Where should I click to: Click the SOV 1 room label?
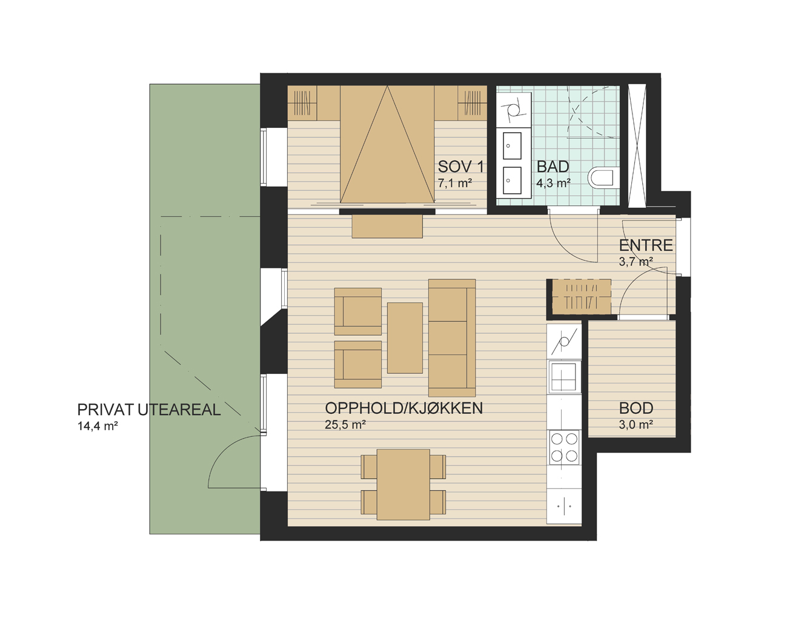(460, 167)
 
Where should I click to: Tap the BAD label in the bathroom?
(553, 167)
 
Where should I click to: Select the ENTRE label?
(645, 245)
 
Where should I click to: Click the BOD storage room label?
(636, 408)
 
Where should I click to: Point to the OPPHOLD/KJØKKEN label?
(403, 408)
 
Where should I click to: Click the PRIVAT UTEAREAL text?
(149, 410)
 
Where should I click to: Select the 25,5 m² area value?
(345, 425)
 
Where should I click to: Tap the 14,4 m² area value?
(98, 426)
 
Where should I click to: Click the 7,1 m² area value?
(454, 183)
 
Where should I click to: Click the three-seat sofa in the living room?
(452, 338)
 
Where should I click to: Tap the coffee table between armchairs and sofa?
(405, 338)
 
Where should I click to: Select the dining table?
(403, 485)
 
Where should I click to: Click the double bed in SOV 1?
(387, 145)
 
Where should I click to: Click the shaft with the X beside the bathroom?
(637, 145)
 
